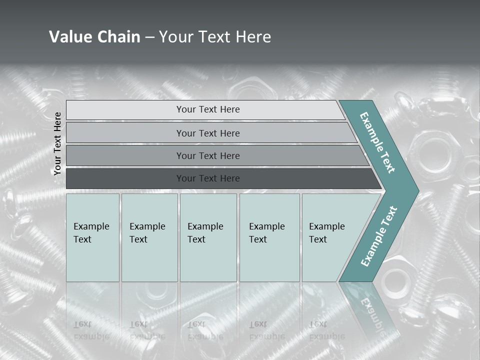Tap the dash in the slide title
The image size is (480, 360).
(149, 37)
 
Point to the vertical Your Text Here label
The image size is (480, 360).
(57, 143)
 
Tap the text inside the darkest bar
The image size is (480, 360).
(208, 178)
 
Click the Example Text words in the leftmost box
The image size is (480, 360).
(91, 232)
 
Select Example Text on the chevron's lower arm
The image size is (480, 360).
(379, 236)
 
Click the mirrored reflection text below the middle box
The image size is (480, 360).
(205, 330)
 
